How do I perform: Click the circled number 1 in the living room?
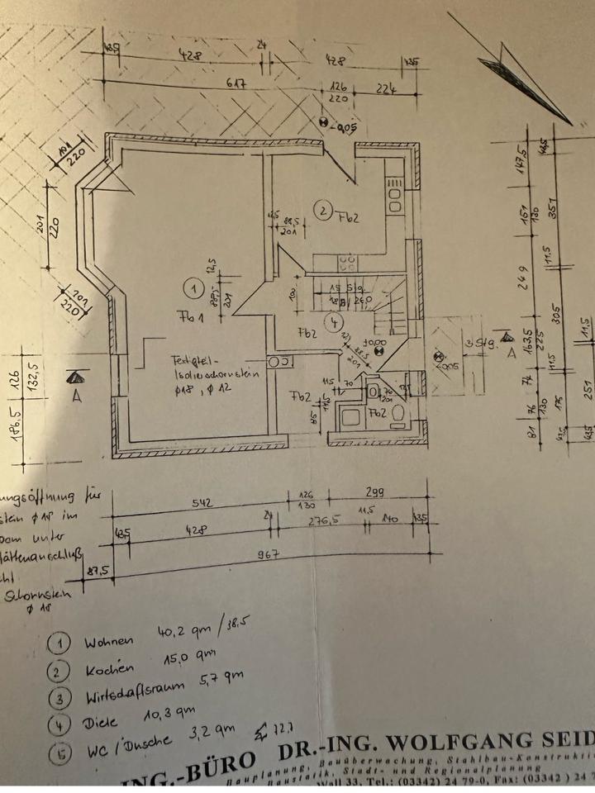tap(193, 288)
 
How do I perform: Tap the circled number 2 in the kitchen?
tap(324, 211)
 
